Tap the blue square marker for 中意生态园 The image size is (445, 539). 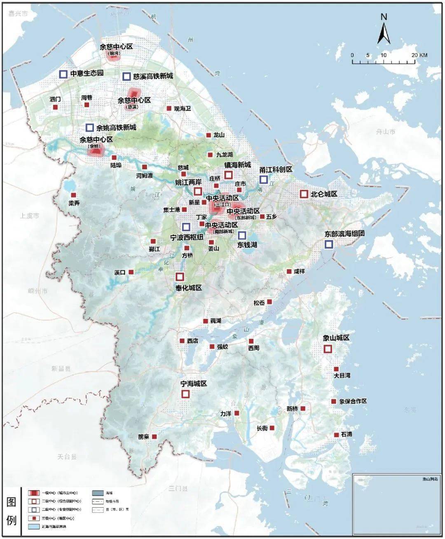(x=63, y=74)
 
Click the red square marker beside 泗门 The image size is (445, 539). (x=55, y=107)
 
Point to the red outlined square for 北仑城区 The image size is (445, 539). (x=304, y=194)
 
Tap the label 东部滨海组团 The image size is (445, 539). (x=344, y=234)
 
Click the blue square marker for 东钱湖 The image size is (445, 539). (x=242, y=235)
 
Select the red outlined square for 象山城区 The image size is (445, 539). (x=328, y=349)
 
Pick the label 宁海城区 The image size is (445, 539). (x=194, y=383)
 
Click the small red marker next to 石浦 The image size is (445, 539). (x=337, y=435)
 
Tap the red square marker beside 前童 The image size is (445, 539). (x=155, y=436)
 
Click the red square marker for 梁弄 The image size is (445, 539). (x=74, y=195)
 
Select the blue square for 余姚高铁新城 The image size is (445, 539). (x=89, y=127)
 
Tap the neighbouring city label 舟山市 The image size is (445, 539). (x=385, y=132)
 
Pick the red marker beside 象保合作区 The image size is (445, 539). (x=333, y=401)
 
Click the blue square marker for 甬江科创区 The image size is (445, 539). (x=263, y=179)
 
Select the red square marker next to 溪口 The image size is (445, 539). (x=131, y=272)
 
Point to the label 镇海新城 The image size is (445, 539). (x=237, y=165)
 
